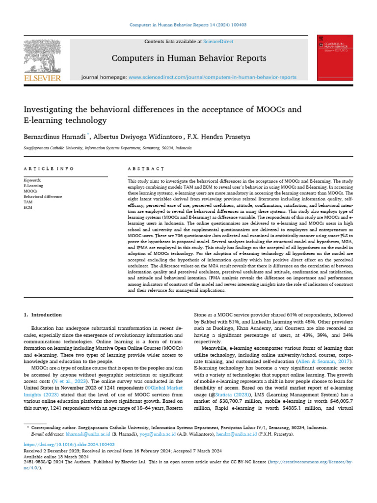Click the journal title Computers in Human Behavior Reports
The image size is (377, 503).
click(x=189, y=58)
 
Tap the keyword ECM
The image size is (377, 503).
click(x=28, y=207)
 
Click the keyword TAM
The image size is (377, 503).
click(x=28, y=202)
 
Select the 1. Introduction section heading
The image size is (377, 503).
click(x=43, y=315)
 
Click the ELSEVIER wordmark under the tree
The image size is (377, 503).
click(x=43, y=78)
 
